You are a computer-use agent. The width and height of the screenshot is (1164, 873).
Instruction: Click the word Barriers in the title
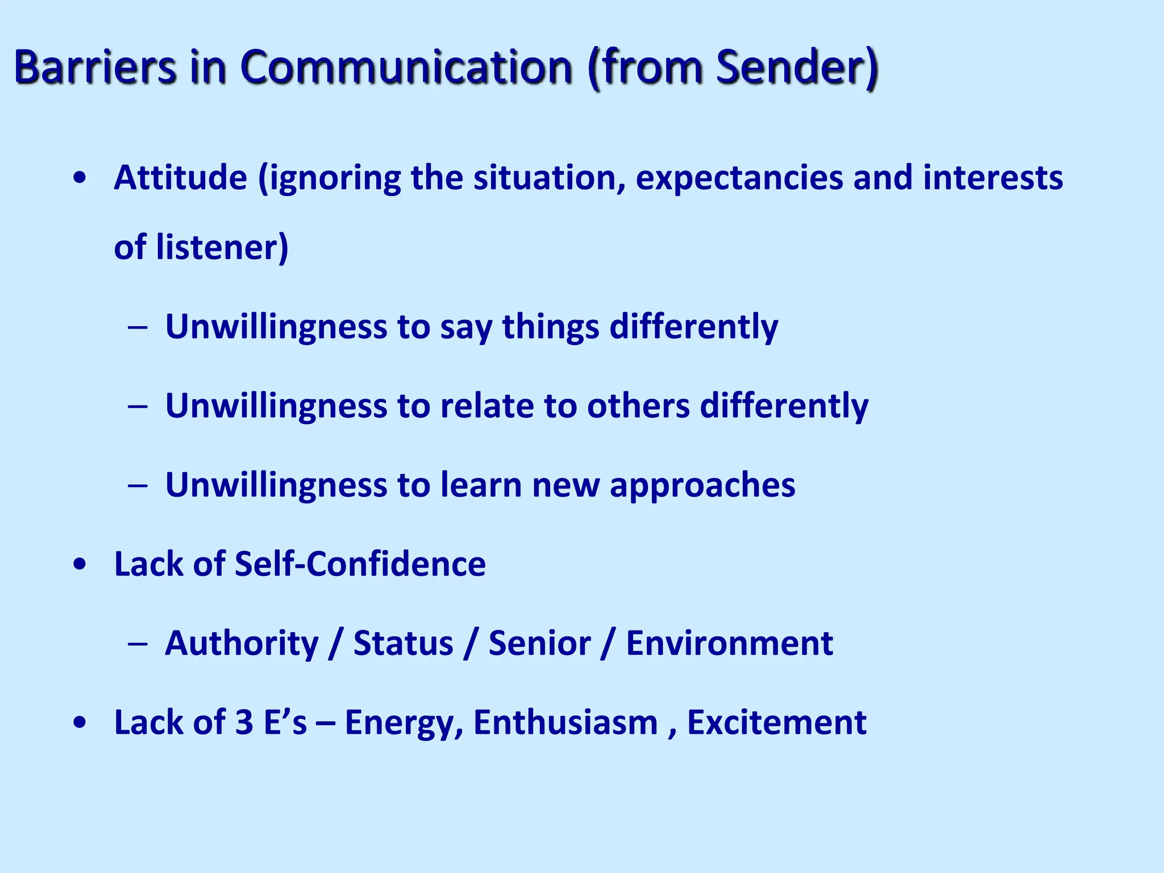[95, 67]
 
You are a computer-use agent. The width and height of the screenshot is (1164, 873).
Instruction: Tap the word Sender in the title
[789, 67]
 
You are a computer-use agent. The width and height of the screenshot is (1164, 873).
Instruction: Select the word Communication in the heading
[406, 67]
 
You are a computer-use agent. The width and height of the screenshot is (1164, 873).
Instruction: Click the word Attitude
[180, 177]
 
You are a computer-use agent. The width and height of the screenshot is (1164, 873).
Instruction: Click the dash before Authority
[138, 644]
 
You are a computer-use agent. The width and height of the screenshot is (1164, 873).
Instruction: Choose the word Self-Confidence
[360, 564]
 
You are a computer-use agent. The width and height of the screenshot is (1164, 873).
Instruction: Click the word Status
[403, 643]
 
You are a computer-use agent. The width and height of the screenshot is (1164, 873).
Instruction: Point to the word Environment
[729, 643]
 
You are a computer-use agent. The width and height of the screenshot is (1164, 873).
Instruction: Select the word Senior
[539, 643]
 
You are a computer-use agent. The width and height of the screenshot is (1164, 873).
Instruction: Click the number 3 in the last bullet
[244, 722]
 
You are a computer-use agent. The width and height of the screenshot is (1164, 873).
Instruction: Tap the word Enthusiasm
[565, 722]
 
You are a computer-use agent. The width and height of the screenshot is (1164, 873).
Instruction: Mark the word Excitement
[776, 722]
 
